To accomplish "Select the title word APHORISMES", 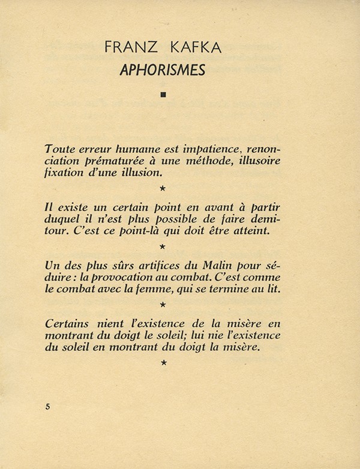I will coord(162,71).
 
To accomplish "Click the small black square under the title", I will coord(163,94).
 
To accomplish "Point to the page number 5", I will coord(48,406).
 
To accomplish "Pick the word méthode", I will coord(206,162).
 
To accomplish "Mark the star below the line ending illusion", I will coord(163,189).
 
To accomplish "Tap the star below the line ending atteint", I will coord(163,246).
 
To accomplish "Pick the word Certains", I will coord(68,323).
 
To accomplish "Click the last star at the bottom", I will coord(163,362).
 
